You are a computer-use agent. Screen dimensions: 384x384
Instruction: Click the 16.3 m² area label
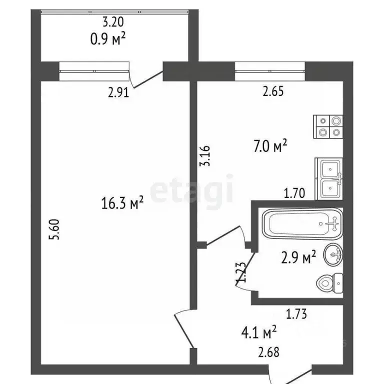pos(123,203)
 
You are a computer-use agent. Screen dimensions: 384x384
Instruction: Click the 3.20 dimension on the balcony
pos(112,21)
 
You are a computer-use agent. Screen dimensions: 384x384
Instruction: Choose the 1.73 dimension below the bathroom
pos(296,314)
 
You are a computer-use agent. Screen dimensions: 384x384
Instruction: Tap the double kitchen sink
pos(328,178)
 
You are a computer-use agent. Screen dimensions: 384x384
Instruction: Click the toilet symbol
pos(329,283)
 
